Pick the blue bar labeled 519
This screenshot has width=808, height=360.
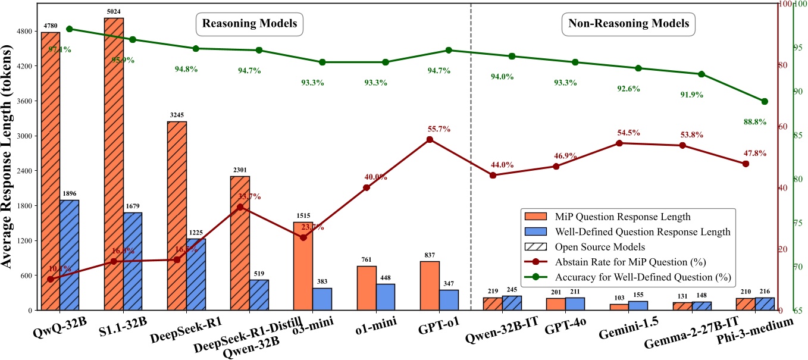click(x=259, y=295)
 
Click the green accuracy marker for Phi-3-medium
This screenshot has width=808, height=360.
click(x=765, y=101)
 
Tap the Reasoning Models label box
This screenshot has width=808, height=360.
click(x=250, y=24)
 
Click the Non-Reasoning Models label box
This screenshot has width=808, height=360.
click(x=628, y=24)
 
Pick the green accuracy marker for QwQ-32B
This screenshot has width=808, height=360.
click(x=69, y=29)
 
